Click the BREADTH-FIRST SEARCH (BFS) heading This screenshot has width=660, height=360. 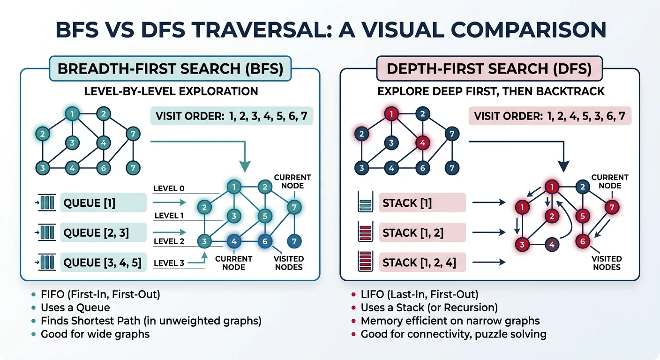point(170,68)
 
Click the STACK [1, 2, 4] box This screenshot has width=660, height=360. point(422,262)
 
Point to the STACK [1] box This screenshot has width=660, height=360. point(422,203)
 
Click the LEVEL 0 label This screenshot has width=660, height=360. point(169,188)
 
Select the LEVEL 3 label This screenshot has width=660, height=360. point(169,263)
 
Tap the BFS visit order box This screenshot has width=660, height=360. point(232,115)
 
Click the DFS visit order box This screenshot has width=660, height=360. point(550,115)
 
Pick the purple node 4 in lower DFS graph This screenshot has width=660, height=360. point(552,245)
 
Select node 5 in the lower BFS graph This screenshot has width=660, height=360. point(265,216)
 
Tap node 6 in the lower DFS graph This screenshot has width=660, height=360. point(582,242)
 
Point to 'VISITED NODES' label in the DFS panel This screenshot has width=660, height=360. point(607,262)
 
